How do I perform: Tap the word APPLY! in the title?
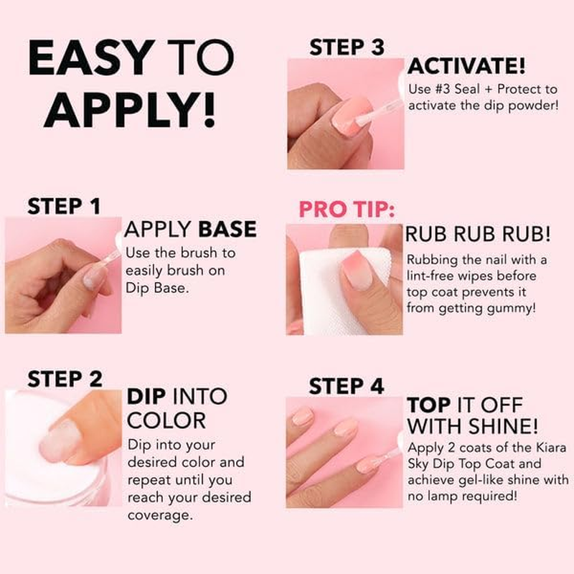point(134,109)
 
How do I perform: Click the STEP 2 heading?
point(65,378)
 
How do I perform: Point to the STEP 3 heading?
point(347,48)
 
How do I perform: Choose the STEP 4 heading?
point(347,386)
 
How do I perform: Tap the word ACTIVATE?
point(466,67)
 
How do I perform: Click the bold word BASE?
point(227,230)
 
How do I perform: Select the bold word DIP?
point(148,396)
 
